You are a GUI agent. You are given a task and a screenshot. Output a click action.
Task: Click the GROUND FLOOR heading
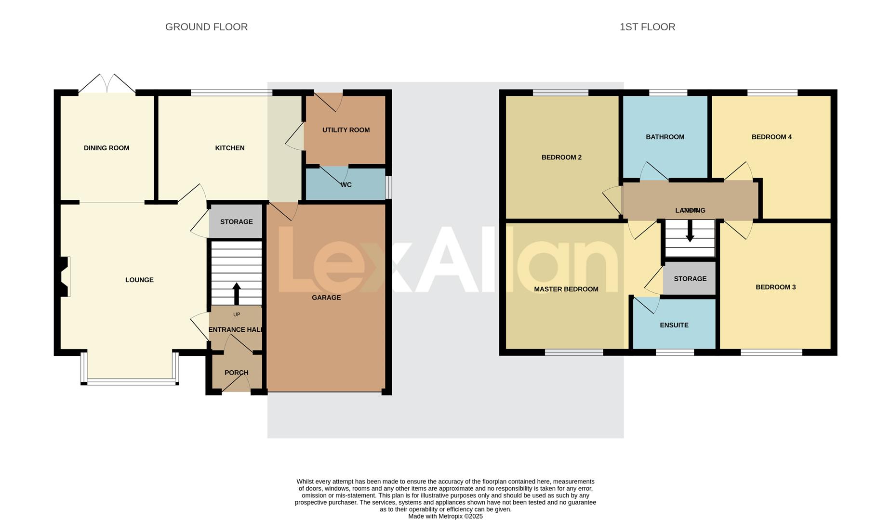point(206,27)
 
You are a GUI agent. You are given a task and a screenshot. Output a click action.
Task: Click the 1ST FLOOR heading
point(647,27)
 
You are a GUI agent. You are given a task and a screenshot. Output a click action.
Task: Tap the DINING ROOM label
point(106,148)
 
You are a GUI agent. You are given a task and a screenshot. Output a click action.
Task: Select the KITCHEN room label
point(230,148)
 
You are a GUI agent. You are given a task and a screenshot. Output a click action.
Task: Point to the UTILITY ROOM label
point(346,130)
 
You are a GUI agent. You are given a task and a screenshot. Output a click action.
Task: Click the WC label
point(346,184)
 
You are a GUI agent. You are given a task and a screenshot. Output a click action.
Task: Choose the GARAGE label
point(326,298)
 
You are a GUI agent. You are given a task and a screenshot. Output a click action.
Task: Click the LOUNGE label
point(139,280)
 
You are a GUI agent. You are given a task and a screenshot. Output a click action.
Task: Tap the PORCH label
point(237,373)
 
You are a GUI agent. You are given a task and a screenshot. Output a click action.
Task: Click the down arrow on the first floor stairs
point(690,232)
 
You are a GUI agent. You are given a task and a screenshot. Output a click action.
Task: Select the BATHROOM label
point(665,137)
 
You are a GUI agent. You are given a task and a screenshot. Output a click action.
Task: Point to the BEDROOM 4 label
point(771,137)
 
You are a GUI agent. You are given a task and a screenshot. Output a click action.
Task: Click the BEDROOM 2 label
point(561,157)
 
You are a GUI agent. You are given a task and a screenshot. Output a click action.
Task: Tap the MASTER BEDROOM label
point(566,289)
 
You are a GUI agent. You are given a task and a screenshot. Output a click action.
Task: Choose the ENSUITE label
point(674,325)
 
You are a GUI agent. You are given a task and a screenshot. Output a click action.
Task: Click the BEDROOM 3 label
point(775,287)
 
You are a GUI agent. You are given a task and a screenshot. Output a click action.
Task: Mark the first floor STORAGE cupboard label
point(690,279)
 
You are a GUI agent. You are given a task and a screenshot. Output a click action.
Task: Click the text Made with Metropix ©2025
point(445,516)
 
